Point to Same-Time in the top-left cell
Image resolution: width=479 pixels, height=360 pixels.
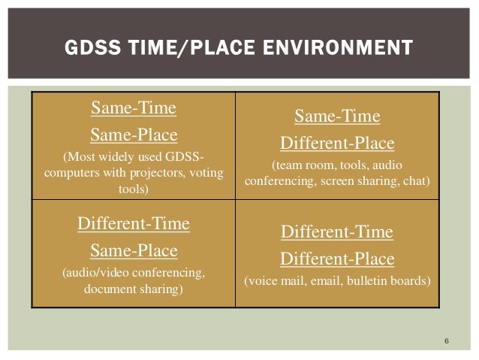tap(134, 109)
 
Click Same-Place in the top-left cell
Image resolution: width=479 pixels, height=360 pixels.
tap(134, 135)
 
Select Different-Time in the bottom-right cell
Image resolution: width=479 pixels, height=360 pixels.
tap(337, 232)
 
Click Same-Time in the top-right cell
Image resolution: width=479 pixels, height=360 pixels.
tap(337, 116)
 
